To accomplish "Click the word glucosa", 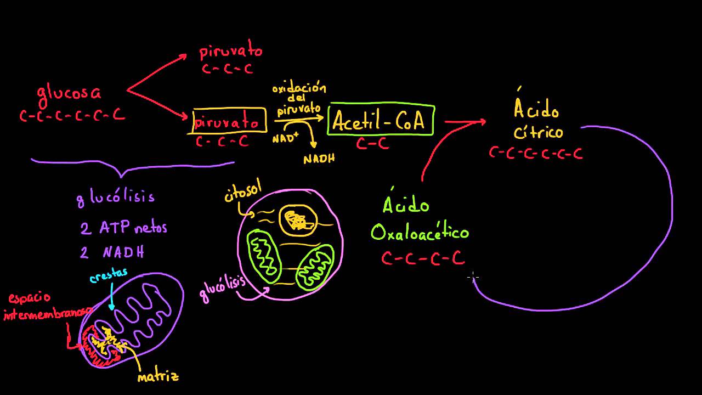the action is click(69, 92).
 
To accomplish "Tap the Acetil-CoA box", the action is click(381, 120).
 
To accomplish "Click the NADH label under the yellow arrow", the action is click(319, 159).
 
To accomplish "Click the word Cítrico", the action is click(538, 132).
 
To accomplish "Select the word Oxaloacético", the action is click(420, 232).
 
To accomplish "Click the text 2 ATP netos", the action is click(123, 228).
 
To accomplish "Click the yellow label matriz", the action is click(158, 377).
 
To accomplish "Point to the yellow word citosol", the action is click(242, 194).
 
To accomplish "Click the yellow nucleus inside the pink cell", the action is click(298, 219).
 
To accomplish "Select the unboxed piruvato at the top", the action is click(231, 52).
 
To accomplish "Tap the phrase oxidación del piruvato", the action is click(299, 99).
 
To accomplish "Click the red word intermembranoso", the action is click(47, 314).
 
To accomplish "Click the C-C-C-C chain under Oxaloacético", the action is click(423, 258).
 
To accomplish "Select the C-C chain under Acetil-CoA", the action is click(372, 144).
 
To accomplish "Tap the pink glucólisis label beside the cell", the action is click(222, 287).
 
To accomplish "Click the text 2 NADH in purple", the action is click(112, 253).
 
